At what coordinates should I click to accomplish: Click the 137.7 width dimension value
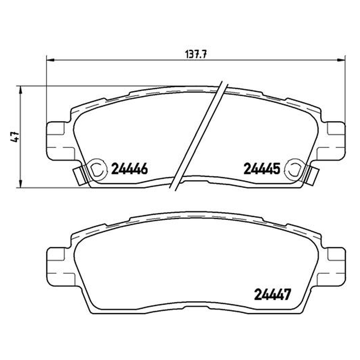pyautogui.click(x=196, y=54)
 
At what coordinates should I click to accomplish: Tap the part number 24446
pyautogui.click(x=129, y=169)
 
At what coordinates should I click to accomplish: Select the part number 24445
pyautogui.click(x=262, y=169)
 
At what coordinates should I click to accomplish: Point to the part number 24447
pyautogui.click(x=272, y=295)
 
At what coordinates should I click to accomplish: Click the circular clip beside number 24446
pyautogui.click(x=98, y=169)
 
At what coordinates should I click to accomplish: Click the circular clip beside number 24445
pyautogui.click(x=294, y=169)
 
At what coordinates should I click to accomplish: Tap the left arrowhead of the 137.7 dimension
pyautogui.click(x=50, y=60)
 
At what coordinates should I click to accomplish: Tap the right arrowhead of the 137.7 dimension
pyautogui.click(x=341, y=60)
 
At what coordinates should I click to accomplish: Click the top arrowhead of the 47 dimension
pyautogui.click(x=20, y=90)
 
